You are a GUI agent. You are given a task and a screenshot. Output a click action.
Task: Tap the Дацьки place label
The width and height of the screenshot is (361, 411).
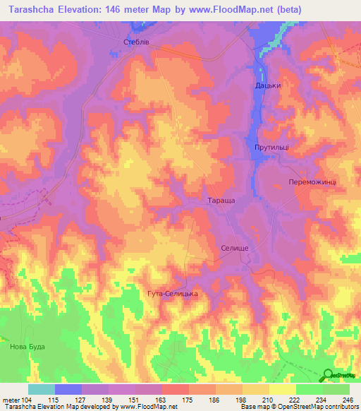(x=268, y=85)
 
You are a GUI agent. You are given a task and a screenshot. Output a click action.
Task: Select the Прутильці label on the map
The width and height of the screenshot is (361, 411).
(x=271, y=146)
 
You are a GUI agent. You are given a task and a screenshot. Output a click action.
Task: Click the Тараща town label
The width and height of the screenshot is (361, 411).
(x=221, y=201)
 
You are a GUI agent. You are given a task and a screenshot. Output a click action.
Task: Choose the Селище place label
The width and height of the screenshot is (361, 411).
(x=233, y=249)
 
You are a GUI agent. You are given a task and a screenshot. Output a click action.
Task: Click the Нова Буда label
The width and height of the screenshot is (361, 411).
(x=27, y=346)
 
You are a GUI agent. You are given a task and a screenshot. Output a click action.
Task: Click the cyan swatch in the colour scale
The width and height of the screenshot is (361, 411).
(x=41, y=389)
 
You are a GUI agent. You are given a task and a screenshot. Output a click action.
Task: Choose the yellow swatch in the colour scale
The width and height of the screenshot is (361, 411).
(x=282, y=389)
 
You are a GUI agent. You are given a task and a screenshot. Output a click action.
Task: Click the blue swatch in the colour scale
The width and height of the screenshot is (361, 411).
(x=68, y=389)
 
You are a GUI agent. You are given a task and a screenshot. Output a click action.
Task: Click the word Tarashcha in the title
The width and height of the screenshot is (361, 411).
(x=36, y=9)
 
